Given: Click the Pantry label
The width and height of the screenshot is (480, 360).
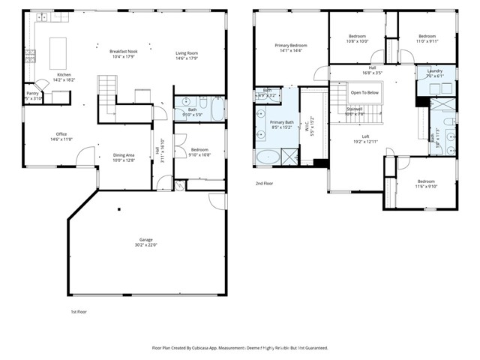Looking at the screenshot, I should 32,93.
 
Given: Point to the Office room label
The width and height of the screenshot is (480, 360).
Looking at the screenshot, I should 61,134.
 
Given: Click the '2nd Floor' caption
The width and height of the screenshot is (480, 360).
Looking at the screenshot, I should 265,182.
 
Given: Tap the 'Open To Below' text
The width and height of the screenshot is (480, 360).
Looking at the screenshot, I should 364,92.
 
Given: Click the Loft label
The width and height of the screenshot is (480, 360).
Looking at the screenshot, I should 364,136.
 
